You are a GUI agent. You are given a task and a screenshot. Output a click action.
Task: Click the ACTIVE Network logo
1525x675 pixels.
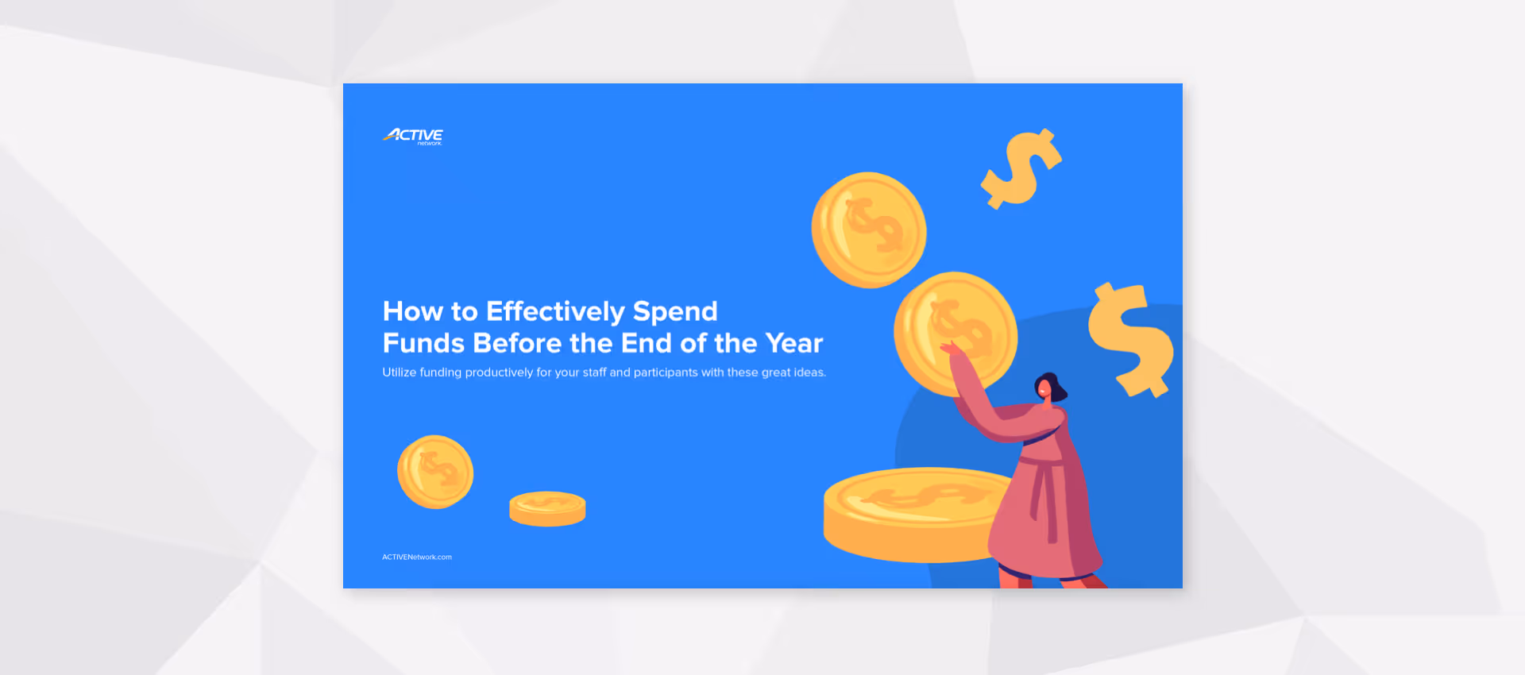coord(413,137)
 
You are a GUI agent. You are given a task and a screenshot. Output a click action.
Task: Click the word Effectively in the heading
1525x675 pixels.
coord(555,311)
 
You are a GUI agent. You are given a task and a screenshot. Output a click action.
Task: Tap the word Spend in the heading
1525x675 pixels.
coord(675,311)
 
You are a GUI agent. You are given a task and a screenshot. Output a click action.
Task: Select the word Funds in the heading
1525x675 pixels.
coord(423,343)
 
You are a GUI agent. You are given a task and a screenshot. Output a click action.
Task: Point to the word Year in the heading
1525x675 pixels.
coord(794,343)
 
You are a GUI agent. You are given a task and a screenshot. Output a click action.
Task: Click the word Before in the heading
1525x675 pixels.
coord(517,343)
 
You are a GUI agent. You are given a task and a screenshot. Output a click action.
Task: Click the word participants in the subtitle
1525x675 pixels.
coord(666,372)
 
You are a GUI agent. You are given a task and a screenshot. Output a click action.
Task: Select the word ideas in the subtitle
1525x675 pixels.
coord(809,372)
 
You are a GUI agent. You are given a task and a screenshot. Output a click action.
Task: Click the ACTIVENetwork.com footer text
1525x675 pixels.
coord(417,557)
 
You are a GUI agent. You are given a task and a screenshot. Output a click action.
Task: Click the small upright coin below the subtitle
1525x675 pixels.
coord(435,472)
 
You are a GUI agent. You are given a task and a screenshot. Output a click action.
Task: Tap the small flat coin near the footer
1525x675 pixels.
coord(547,508)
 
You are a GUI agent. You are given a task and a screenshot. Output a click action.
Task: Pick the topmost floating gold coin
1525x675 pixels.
coord(868,229)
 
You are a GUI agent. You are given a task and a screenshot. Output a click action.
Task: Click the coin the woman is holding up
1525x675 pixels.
coord(955,333)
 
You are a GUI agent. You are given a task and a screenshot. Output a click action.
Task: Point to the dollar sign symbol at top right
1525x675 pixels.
coord(1021,169)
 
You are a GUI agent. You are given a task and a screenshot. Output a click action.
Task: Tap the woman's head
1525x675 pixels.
coord(1048,388)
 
